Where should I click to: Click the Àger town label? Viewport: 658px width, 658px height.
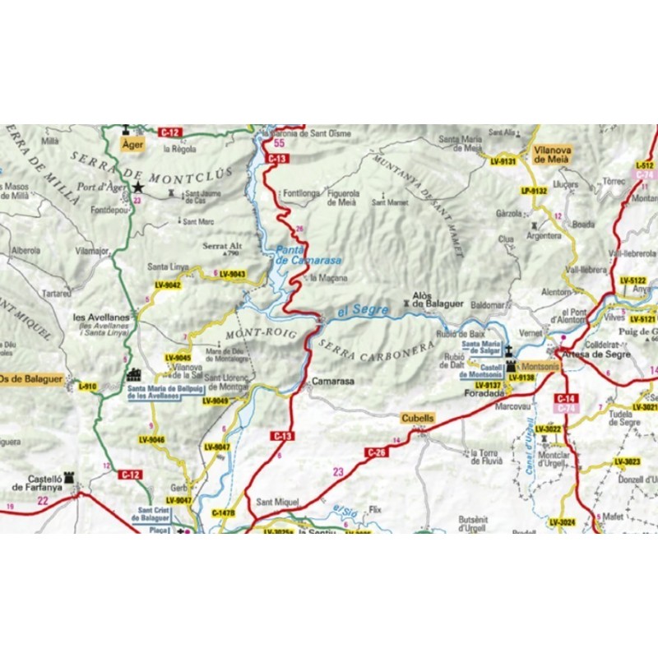coord(132,145)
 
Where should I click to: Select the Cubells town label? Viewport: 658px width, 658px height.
coord(418,418)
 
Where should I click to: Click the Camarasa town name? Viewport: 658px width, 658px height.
coord(332,382)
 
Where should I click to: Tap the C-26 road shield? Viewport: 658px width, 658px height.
coord(375,452)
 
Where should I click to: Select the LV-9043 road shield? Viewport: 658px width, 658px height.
coord(233,274)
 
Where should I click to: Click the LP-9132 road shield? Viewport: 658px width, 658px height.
coord(534,191)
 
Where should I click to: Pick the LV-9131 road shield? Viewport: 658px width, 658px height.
coord(503,161)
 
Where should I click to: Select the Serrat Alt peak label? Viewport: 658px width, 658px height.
coord(222,245)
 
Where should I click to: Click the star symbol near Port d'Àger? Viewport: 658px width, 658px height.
coord(138,188)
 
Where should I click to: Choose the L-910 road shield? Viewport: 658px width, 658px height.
coord(87,386)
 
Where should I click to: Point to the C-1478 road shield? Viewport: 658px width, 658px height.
coord(224,512)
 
